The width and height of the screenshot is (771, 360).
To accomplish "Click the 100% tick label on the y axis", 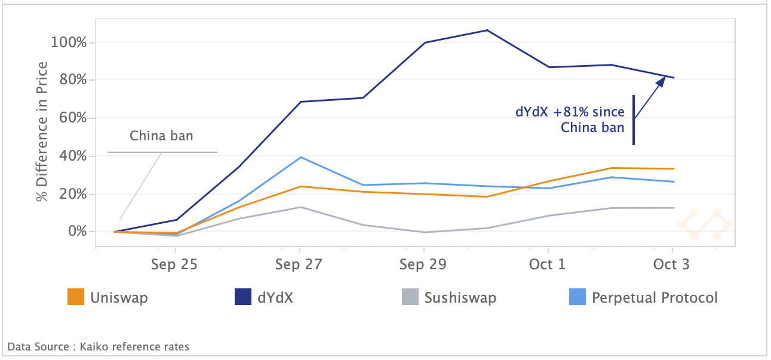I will point(69,43).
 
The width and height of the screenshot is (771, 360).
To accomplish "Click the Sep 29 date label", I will point(423,264).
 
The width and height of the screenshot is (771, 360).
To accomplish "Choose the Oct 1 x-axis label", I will point(548,264).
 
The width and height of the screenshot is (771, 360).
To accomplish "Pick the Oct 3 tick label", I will point(672,264).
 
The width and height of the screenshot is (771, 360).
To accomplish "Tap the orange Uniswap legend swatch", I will point(76,297).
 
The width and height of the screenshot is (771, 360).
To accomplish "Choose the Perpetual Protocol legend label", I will point(655,297).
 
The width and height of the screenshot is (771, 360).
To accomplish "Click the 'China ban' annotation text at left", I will point(161,136).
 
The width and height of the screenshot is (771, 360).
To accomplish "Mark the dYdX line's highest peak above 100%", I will point(487,30).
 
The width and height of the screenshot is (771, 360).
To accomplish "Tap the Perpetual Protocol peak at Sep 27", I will point(300,157).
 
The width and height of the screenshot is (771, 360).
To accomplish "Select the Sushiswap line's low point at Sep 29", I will point(424,232).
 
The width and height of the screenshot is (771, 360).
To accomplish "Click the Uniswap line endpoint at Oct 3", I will point(674,168).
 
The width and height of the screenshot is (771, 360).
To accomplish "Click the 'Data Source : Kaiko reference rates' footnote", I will point(98,346).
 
